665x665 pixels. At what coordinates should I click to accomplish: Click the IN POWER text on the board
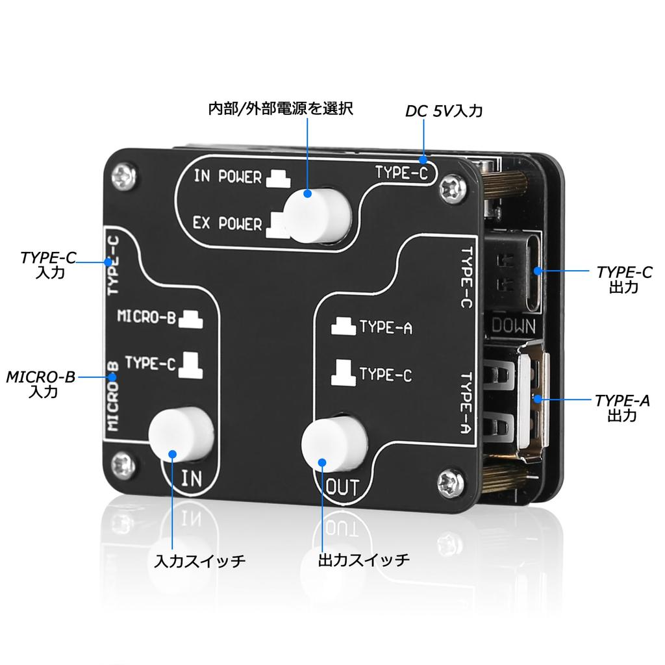(x=227, y=177)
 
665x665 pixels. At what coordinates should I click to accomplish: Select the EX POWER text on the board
(x=227, y=224)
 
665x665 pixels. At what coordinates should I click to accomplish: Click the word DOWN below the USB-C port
(x=513, y=325)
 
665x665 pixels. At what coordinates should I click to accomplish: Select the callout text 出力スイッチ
(x=364, y=560)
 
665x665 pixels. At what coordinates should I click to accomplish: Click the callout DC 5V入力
(x=444, y=112)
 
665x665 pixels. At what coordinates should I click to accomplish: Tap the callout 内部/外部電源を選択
(x=281, y=108)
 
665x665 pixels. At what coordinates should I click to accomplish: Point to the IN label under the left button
(x=192, y=479)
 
